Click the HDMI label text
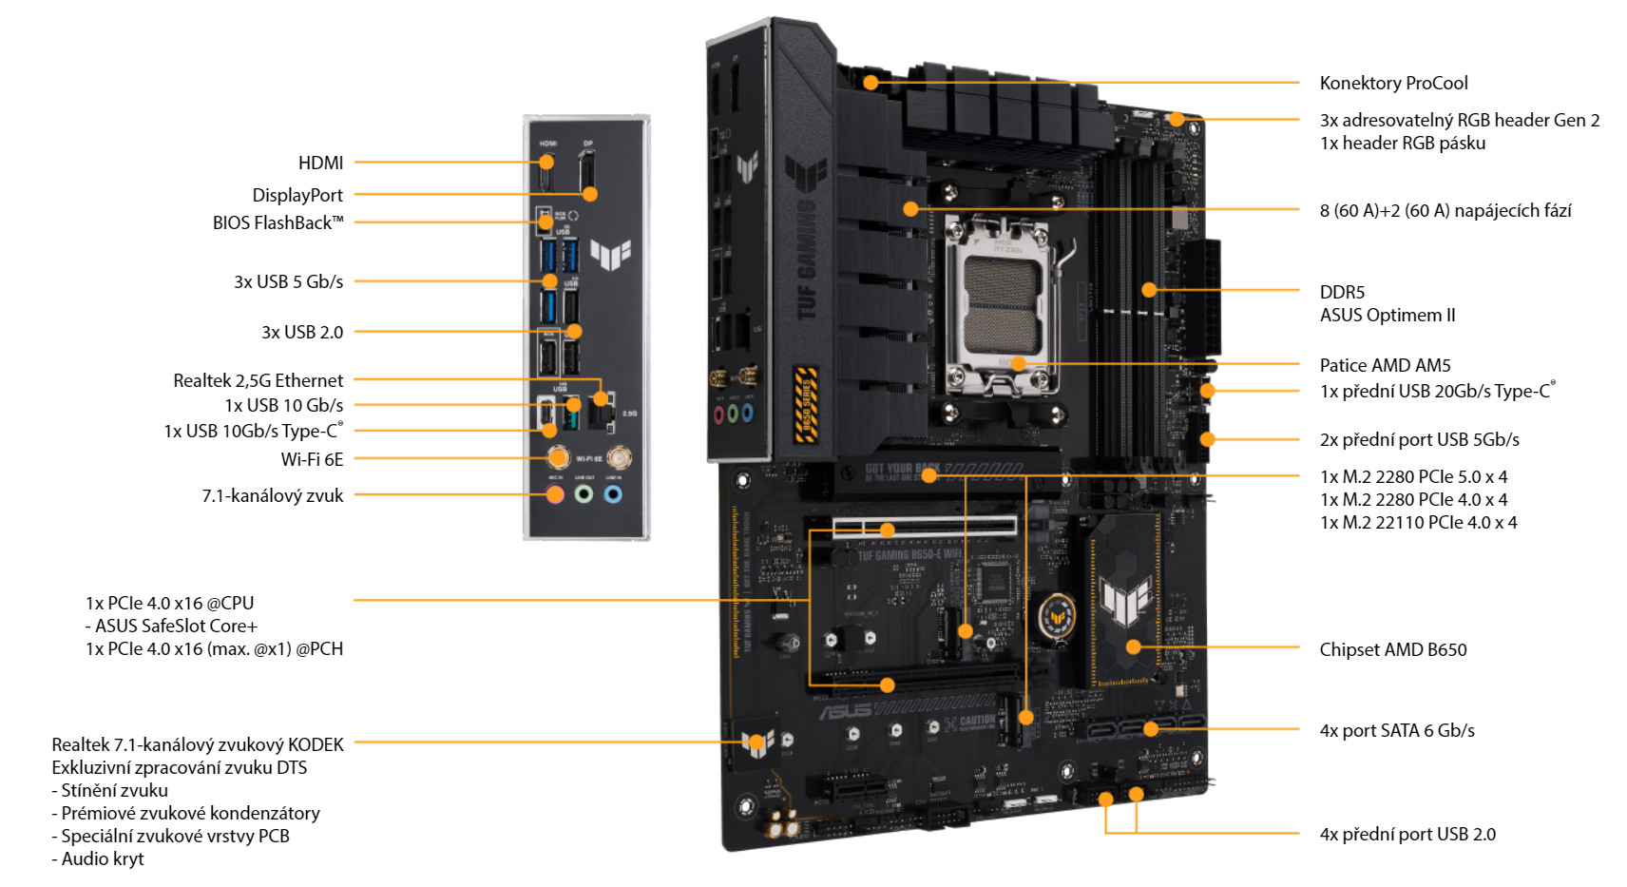click(x=320, y=163)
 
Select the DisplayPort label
click(x=297, y=196)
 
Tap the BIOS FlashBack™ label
click(x=278, y=223)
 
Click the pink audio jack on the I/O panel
click(x=556, y=494)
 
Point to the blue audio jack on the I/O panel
click(x=613, y=494)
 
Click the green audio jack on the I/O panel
click(x=584, y=494)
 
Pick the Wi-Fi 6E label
click(x=312, y=459)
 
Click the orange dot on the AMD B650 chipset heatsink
click(x=1133, y=646)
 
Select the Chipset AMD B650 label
click(x=1393, y=649)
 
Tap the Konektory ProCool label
click(x=1394, y=83)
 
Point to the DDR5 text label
click(x=1342, y=292)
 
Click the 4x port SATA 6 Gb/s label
click(x=1397, y=730)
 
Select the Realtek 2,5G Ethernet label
click(x=258, y=380)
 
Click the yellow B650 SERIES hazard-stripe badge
click(x=806, y=404)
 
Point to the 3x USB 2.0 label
click(x=302, y=332)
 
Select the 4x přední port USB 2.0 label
click(x=1407, y=834)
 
